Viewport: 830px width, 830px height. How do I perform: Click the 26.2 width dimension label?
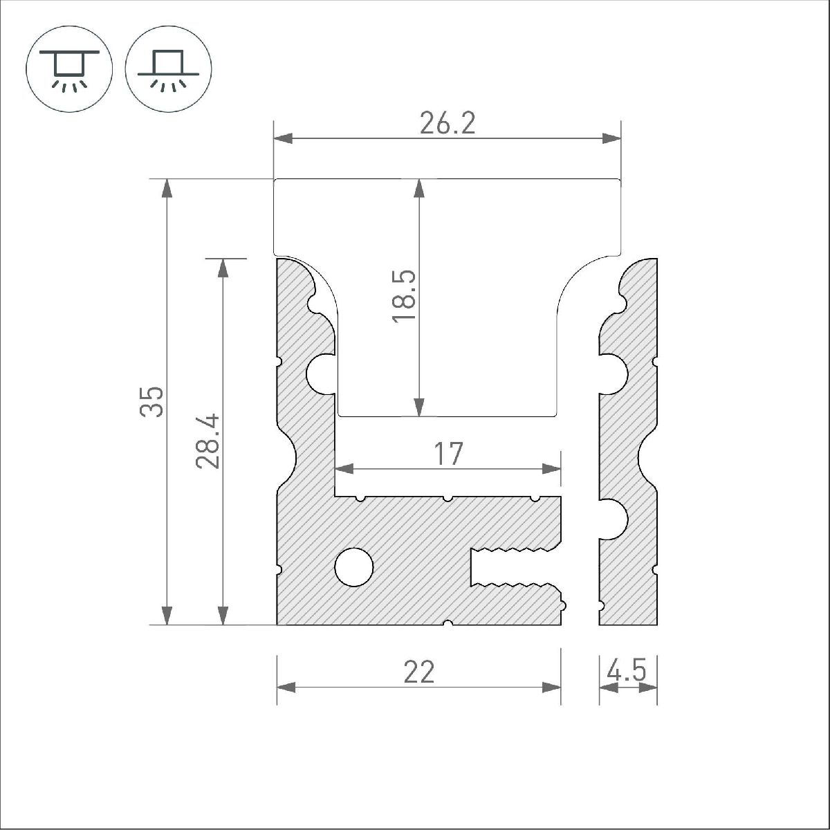[x=448, y=124]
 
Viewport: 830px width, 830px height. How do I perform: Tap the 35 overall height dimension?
[x=152, y=402]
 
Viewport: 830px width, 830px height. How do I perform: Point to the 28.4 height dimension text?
[x=208, y=441]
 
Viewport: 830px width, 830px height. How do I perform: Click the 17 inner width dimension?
[x=448, y=454]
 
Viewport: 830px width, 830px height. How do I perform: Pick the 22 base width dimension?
[x=419, y=672]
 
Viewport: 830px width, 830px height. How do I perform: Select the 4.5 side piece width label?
[x=627, y=671]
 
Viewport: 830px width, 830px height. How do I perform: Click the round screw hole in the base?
[x=353, y=567]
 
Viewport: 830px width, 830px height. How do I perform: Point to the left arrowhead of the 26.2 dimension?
[x=284, y=138]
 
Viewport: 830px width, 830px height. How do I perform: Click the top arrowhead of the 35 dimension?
[x=166, y=189]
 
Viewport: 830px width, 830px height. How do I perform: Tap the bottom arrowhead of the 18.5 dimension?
[x=418, y=407]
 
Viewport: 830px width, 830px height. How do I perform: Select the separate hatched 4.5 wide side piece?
[x=628, y=443]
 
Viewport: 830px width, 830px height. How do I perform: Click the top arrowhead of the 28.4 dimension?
[x=223, y=268]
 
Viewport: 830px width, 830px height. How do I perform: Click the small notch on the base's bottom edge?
[x=448, y=623]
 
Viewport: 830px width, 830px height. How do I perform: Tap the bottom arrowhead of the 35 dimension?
[x=166, y=615]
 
